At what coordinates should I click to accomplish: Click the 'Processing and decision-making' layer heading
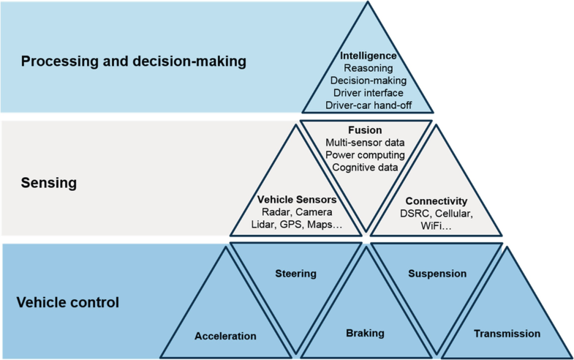(134, 61)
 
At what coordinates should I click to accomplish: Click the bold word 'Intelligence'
(369, 56)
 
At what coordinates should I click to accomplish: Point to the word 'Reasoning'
(369, 68)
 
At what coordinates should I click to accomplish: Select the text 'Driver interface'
(369, 93)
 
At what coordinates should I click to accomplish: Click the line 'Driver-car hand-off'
(369, 105)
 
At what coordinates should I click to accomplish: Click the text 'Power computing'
(365, 154)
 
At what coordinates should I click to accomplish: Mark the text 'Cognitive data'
(365, 167)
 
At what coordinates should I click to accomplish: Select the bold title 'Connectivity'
(436, 200)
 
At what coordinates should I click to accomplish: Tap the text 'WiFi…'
(436, 228)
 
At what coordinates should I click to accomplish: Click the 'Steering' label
(295, 274)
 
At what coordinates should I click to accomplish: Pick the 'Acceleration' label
(225, 337)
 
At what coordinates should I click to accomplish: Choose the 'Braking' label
(364, 333)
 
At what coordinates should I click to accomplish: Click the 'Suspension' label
(437, 274)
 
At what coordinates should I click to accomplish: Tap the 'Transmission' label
(507, 334)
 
